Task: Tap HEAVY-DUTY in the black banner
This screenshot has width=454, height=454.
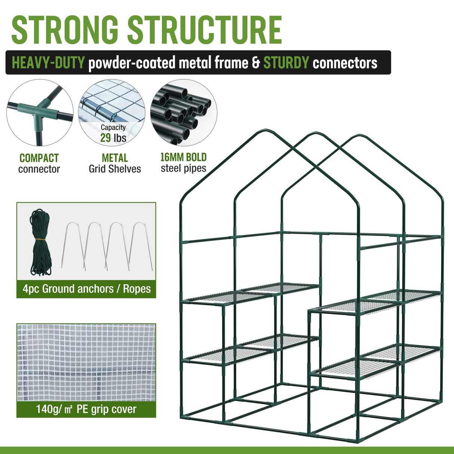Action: tap(48, 63)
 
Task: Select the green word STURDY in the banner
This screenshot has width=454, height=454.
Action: tap(286, 63)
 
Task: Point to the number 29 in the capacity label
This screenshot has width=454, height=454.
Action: tap(105, 138)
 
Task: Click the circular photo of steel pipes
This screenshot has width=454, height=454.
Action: tap(183, 112)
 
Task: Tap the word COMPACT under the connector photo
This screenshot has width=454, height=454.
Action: tap(39, 158)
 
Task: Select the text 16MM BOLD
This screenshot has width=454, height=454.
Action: tap(183, 157)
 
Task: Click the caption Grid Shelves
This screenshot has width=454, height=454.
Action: tap(115, 169)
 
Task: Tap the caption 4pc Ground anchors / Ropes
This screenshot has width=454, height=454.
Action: tap(86, 289)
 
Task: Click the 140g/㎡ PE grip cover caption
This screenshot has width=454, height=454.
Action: tap(86, 409)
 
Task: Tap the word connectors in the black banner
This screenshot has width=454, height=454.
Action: tap(345, 63)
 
